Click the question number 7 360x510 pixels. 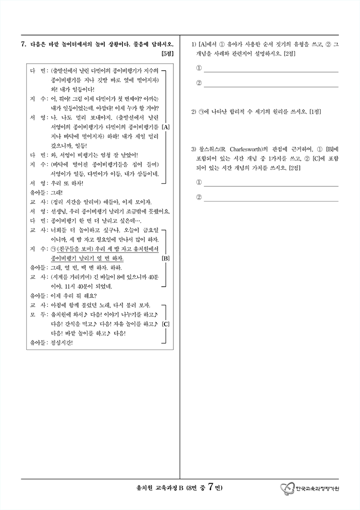[x=23, y=44]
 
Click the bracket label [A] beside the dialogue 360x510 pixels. [x=165, y=127]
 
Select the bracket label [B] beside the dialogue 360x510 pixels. [x=165, y=258]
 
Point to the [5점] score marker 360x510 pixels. [x=167, y=53]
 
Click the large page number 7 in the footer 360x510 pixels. [x=211, y=487]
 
